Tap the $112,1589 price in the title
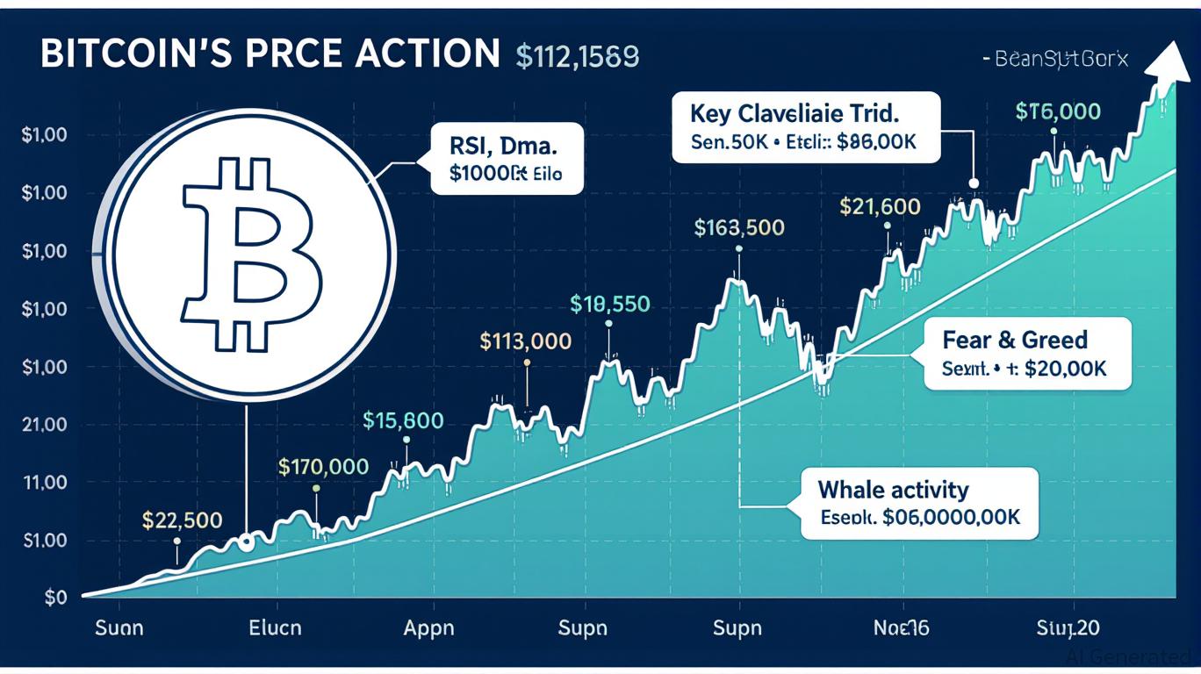[577, 55]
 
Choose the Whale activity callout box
[918, 503]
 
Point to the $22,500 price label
[182, 520]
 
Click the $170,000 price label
[323, 467]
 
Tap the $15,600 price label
[403, 420]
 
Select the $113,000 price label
[526, 341]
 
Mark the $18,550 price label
[609, 305]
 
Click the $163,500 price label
[738, 228]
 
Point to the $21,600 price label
[880, 207]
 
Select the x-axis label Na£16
[902, 628]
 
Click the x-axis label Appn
[428, 628]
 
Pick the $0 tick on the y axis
[56, 599]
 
